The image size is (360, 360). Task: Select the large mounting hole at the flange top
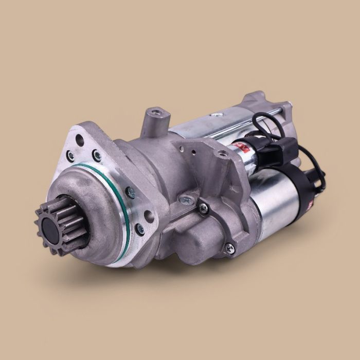click(80, 139)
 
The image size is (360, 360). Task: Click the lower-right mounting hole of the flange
click(150, 215)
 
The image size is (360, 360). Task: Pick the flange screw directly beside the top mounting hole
click(97, 154)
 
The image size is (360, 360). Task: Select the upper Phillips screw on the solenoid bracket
click(204, 208)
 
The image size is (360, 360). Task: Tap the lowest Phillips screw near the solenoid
click(230, 248)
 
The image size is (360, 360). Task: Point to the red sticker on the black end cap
click(310, 204)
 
